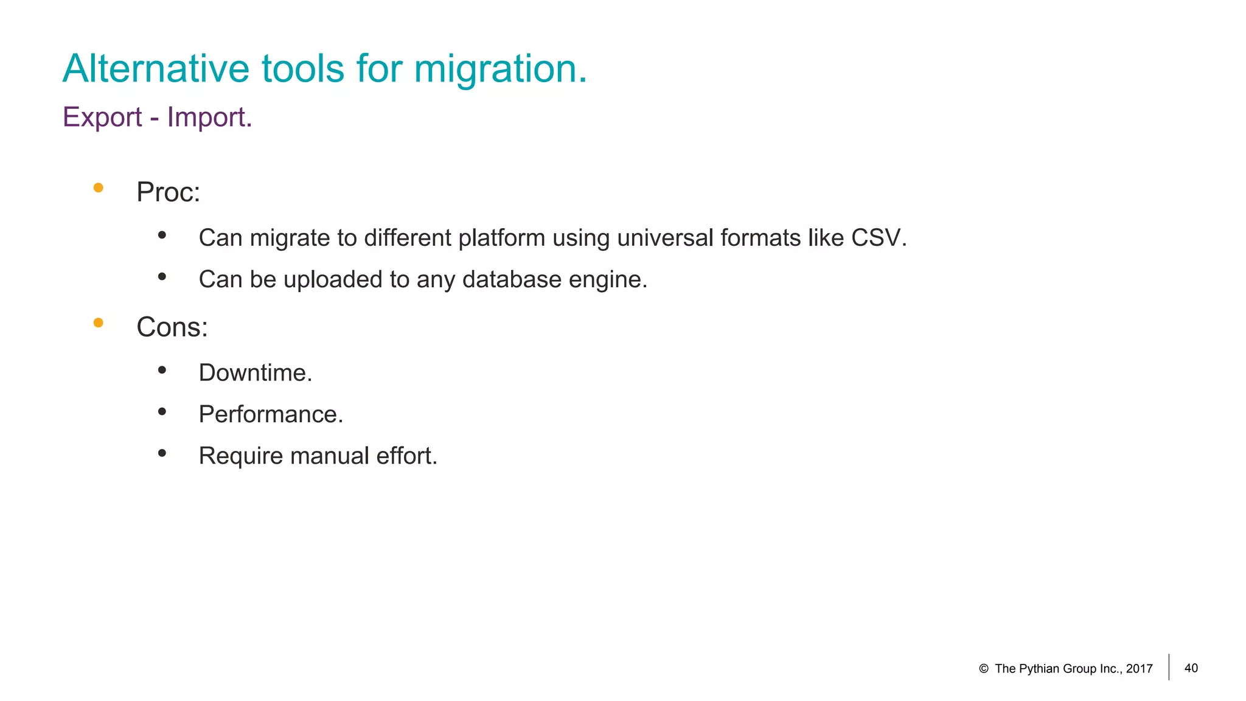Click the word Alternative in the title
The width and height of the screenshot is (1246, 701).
(156, 68)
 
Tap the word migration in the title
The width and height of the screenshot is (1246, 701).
(500, 68)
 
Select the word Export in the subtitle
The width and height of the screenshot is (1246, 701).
(102, 117)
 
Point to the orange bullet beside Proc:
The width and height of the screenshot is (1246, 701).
(98, 188)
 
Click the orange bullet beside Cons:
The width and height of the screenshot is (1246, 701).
(98, 323)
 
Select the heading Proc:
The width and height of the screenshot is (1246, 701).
(168, 192)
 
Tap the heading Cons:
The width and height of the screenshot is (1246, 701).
(172, 327)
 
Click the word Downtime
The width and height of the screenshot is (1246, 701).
(255, 373)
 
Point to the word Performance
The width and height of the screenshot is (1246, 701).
(270, 414)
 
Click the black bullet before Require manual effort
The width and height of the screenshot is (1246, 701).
(162, 453)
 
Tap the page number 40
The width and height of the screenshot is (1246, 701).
(1191, 668)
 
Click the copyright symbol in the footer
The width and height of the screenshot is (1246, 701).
(983, 669)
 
